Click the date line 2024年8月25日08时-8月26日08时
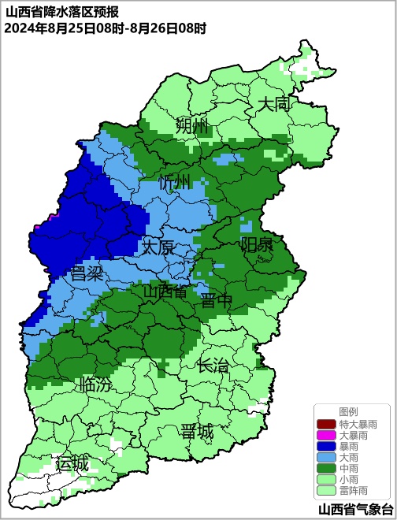(105, 28)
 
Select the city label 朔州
(191, 126)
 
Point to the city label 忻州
(175, 183)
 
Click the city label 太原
(158, 247)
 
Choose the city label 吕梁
(87, 273)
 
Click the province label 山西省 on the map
(165, 292)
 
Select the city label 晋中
(216, 300)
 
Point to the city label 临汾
(95, 385)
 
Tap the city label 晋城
(196, 432)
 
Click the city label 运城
(72, 463)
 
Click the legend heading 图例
(348, 412)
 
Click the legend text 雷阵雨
(357, 490)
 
